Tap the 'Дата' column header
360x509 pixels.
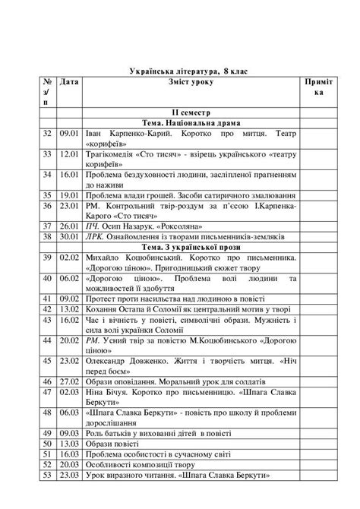69,81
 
